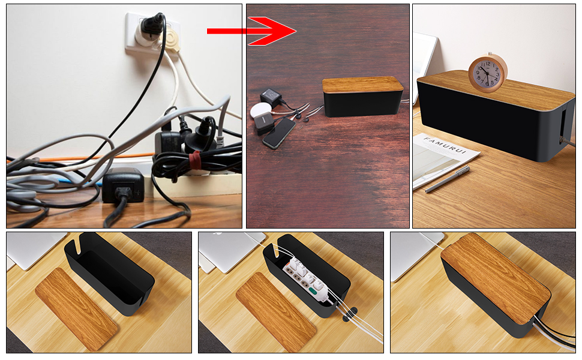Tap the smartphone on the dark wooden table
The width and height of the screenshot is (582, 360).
pos(279,134)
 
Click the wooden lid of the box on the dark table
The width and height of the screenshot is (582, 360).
pos(362,85)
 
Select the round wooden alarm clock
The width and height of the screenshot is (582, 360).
pos(488,73)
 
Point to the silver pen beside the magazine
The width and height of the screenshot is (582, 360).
pos(448,179)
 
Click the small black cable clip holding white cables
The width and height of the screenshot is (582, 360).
pos(350,313)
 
